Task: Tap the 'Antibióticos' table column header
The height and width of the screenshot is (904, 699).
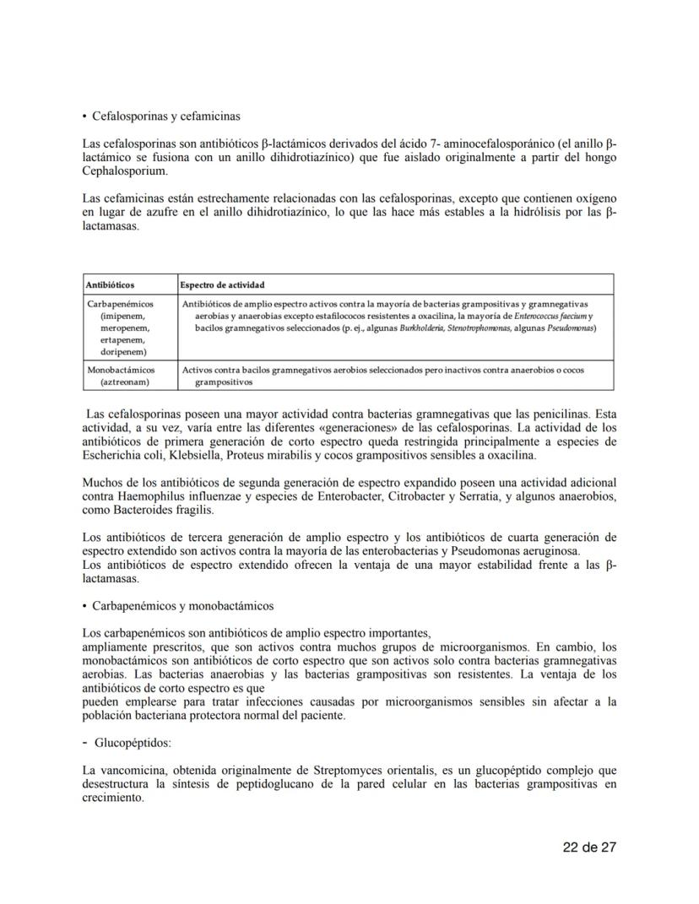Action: point(111,285)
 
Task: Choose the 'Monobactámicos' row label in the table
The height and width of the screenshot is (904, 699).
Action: point(122,370)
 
